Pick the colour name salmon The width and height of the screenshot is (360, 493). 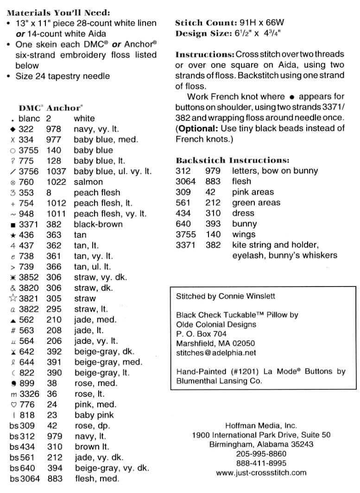tap(89, 182)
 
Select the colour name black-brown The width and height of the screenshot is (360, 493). tap(98, 224)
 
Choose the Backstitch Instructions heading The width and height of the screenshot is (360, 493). tap(233, 161)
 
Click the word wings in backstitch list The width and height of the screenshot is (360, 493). tap(244, 234)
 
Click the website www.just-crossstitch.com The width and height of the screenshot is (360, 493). tap(261, 473)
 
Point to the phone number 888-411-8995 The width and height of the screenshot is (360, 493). tap(261, 463)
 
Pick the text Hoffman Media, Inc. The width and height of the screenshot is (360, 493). tap(261, 425)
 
